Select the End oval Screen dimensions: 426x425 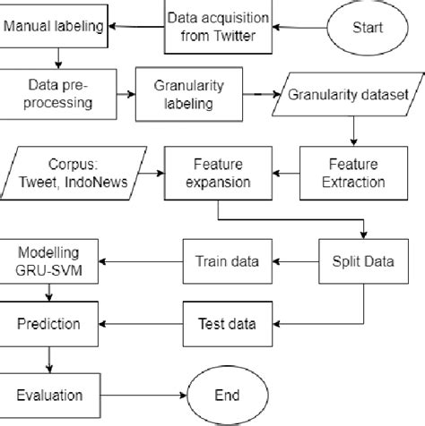(x=227, y=394)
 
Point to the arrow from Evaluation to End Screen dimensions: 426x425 (x=138, y=394)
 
